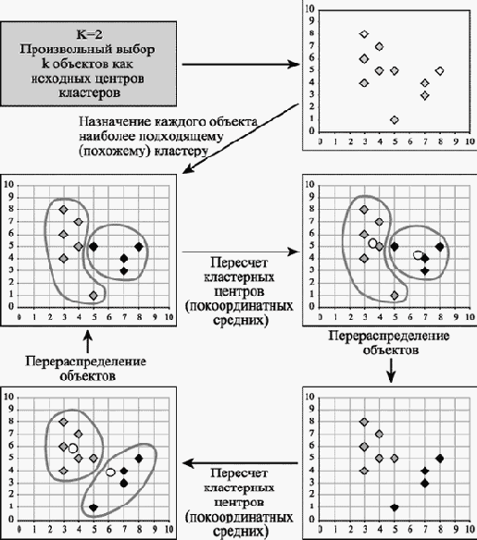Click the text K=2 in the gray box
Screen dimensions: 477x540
tap(89, 34)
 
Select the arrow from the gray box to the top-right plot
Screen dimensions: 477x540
tap(241, 64)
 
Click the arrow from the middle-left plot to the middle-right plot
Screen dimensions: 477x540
tap(241, 252)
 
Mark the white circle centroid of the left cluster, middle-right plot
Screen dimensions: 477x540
tap(372, 243)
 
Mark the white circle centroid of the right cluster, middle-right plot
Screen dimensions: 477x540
tap(418, 255)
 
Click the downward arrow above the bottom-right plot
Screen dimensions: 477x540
tap(391, 371)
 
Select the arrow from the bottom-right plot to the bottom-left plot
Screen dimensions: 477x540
tap(240, 463)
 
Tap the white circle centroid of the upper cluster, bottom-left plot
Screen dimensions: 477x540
tap(73, 448)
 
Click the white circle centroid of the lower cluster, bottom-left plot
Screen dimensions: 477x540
tap(110, 472)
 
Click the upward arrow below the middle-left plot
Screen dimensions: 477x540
tap(88, 341)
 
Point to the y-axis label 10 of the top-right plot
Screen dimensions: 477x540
tap(310, 9)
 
